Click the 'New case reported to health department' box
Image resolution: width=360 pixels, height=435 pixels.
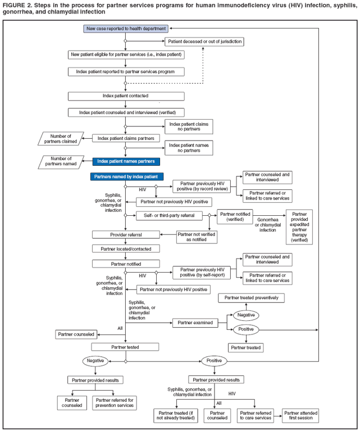(x=126, y=28)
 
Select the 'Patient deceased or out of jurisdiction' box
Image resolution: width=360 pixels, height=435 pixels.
(x=204, y=42)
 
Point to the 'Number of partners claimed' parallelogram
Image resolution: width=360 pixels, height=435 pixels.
(x=61, y=138)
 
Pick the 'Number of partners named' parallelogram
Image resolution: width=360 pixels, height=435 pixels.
(x=61, y=162)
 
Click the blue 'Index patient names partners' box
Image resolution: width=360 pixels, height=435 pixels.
(x=126, y=161)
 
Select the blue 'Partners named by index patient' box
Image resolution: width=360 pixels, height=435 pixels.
(x=126, y=176)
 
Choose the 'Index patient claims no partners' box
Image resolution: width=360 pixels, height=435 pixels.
(x=189, y=126)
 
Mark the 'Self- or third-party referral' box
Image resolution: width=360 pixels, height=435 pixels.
(x=168, y=215)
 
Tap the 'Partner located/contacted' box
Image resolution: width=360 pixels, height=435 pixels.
(x=125, y=248)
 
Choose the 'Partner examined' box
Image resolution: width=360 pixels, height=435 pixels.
(x=195, y=323)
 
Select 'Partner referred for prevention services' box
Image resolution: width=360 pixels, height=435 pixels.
(x=115, y=402)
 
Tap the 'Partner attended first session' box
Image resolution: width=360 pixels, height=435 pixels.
(x=300, y=415)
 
